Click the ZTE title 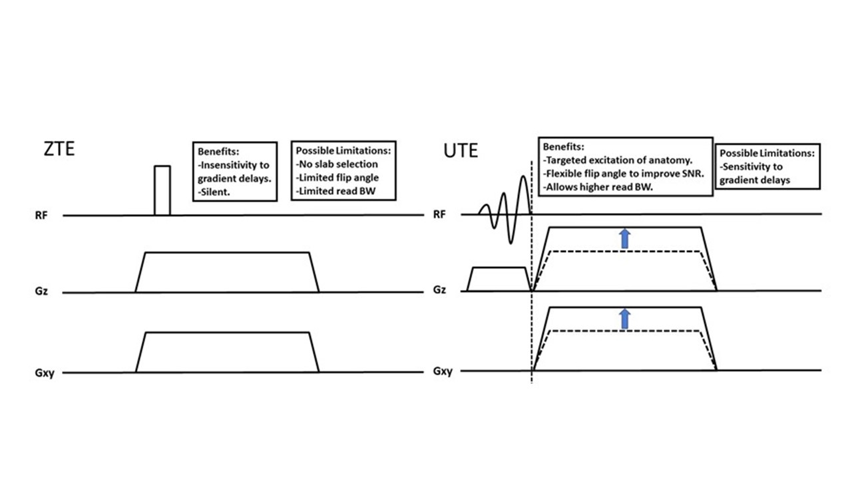(x=59, y=148)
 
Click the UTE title (x=461, y=150)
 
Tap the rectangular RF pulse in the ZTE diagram (x=162, y=190)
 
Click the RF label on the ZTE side (x=50, y=216)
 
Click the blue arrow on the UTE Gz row (x=624, y=238)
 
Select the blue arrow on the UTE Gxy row (x=624, y=319)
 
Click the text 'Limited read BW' (x=337, y=191)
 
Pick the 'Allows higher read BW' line (x=598, y=188)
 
